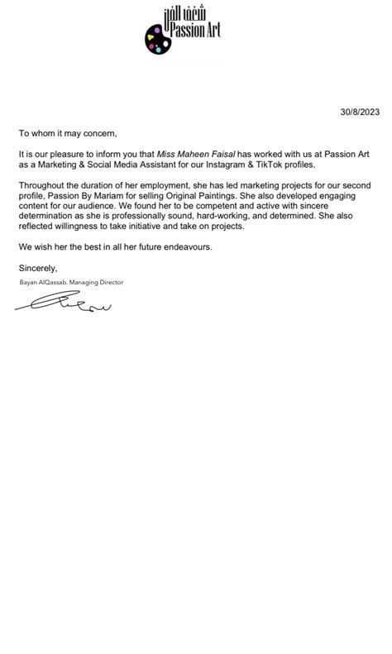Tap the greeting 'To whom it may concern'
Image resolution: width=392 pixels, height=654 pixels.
tap(69, 132)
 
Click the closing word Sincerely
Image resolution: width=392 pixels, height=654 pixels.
tap(38, 268)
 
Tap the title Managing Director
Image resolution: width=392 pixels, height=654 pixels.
tap(98, 283)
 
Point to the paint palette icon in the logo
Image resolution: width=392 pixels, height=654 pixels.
tap(156, 38)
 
